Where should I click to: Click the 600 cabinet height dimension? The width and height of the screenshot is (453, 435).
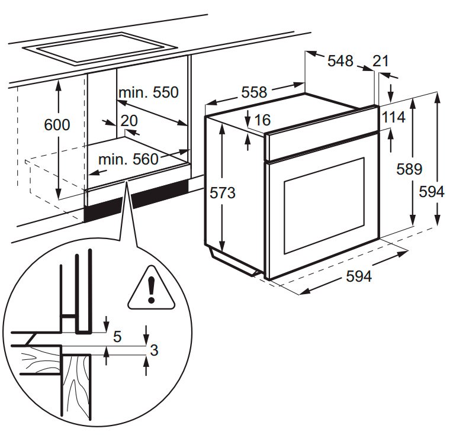(57, 125)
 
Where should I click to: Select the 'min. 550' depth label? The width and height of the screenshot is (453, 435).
(148, 92)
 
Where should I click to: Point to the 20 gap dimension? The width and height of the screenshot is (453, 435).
(128, 121)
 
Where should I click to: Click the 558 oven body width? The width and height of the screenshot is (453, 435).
(254, 92)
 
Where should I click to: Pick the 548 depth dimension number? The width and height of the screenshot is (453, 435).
(340, 60)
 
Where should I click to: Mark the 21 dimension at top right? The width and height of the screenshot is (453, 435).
(381, 60)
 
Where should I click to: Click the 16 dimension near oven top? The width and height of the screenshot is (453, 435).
(262, 120)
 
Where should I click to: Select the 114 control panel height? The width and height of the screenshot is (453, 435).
(393, 117)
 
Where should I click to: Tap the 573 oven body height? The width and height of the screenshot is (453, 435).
(223, 193)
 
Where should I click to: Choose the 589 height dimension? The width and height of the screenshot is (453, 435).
(409, 169)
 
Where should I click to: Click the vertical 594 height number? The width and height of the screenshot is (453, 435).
(431, 192)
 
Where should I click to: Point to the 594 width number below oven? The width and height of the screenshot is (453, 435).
(359, 276)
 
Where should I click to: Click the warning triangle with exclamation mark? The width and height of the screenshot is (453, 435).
(152, 289)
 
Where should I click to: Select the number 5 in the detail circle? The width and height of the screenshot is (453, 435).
(117, 337)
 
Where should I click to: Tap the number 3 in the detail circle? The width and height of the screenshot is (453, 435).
(154, 350)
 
